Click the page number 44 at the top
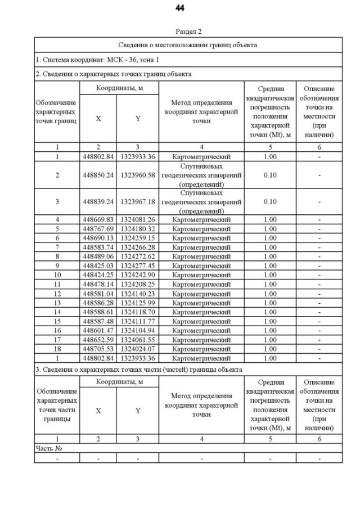180,8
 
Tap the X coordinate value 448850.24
98,175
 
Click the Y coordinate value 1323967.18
138,201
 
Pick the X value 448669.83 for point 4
98,219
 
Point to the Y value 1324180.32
138,228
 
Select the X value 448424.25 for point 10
98,275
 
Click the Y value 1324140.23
138,294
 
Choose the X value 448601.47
98,330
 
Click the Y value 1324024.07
138,349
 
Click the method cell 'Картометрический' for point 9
201,265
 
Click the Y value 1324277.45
138,265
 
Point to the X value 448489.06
98,256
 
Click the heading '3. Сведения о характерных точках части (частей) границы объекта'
139,370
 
